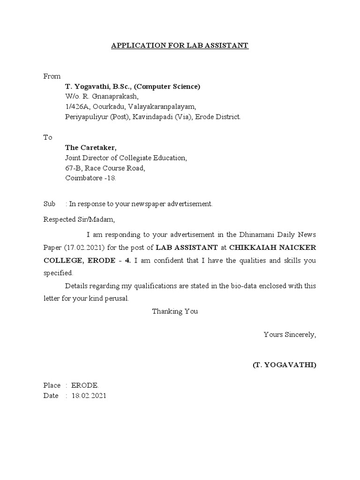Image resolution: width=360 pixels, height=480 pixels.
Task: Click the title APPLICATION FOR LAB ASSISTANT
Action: coord(180,45)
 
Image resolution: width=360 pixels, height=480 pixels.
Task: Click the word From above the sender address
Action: coord(52,76)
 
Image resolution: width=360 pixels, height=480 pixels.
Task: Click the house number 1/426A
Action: coord(77,107)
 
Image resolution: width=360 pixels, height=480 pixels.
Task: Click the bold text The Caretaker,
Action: coord(90,148)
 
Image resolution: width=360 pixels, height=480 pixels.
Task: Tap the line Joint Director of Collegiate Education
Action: coord(126,158)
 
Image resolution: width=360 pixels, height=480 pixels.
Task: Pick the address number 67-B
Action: coord(73,168)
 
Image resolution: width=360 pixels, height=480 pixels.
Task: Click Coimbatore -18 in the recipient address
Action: coord(90,179)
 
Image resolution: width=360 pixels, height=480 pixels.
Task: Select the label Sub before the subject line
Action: coord(49,204)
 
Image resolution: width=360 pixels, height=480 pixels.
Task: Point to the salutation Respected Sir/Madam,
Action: coord(79,219)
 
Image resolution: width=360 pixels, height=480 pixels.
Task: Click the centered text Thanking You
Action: coord(175,311)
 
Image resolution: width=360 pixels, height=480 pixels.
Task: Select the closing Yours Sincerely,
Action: coord(290,335)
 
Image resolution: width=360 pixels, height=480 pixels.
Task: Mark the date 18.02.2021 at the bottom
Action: coord(89,396)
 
